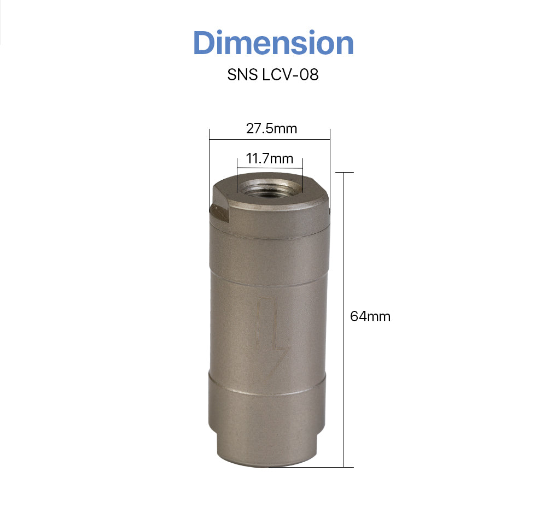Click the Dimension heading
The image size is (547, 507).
[x=273, y=43]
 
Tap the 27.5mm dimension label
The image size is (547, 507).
[x=271, y=128]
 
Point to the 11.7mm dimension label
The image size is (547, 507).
[x=270, y=159]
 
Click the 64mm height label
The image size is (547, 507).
[x=370, y=316]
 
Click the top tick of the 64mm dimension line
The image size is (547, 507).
[x=344, y=172]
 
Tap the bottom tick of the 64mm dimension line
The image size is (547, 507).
[x=344, y=467]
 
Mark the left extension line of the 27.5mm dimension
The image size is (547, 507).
[x=210, y=164]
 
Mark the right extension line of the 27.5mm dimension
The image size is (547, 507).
[x=330, y=164]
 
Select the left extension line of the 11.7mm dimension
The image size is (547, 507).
[x=236, y=175]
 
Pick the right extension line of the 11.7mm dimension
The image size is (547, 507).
[x=303, y=175]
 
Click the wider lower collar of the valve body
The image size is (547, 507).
[x=268, y=404]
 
